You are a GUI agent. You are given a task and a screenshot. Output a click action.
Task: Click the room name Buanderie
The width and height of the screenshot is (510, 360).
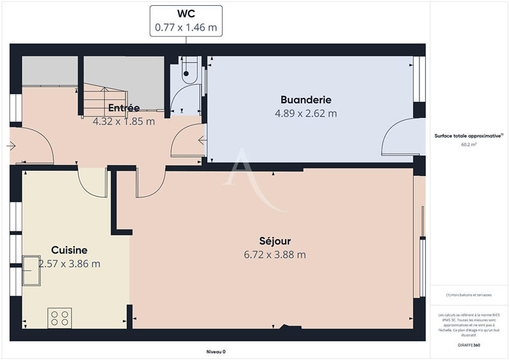[306, 100]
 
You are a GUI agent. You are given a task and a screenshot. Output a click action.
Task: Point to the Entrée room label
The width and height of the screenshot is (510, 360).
[124, 107]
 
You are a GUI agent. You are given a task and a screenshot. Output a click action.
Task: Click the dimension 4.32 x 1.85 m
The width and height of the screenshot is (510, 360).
[124, 120]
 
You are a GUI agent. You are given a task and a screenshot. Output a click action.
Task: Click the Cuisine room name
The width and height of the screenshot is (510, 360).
[69, 250]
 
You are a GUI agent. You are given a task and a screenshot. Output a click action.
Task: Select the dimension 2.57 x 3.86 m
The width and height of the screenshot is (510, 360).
[69, 263]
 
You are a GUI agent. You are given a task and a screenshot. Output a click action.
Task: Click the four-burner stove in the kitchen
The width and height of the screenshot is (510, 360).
[60, 318]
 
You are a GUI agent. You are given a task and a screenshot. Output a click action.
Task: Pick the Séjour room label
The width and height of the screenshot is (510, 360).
[275, 241]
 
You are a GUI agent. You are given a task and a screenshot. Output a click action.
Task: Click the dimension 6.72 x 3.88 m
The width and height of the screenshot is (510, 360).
[275, 254]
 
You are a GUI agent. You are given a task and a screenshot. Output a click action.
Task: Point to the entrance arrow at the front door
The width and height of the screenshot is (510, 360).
[11, 146]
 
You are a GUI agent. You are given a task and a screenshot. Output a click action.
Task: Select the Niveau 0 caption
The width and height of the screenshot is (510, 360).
[216, 352]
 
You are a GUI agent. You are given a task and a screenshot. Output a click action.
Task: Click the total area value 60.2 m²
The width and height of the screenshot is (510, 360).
[469, 145]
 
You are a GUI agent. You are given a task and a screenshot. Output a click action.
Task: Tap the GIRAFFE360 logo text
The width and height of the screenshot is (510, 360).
[469, 345]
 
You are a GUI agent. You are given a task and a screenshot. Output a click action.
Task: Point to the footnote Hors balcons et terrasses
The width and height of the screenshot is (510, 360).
[469, 294]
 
